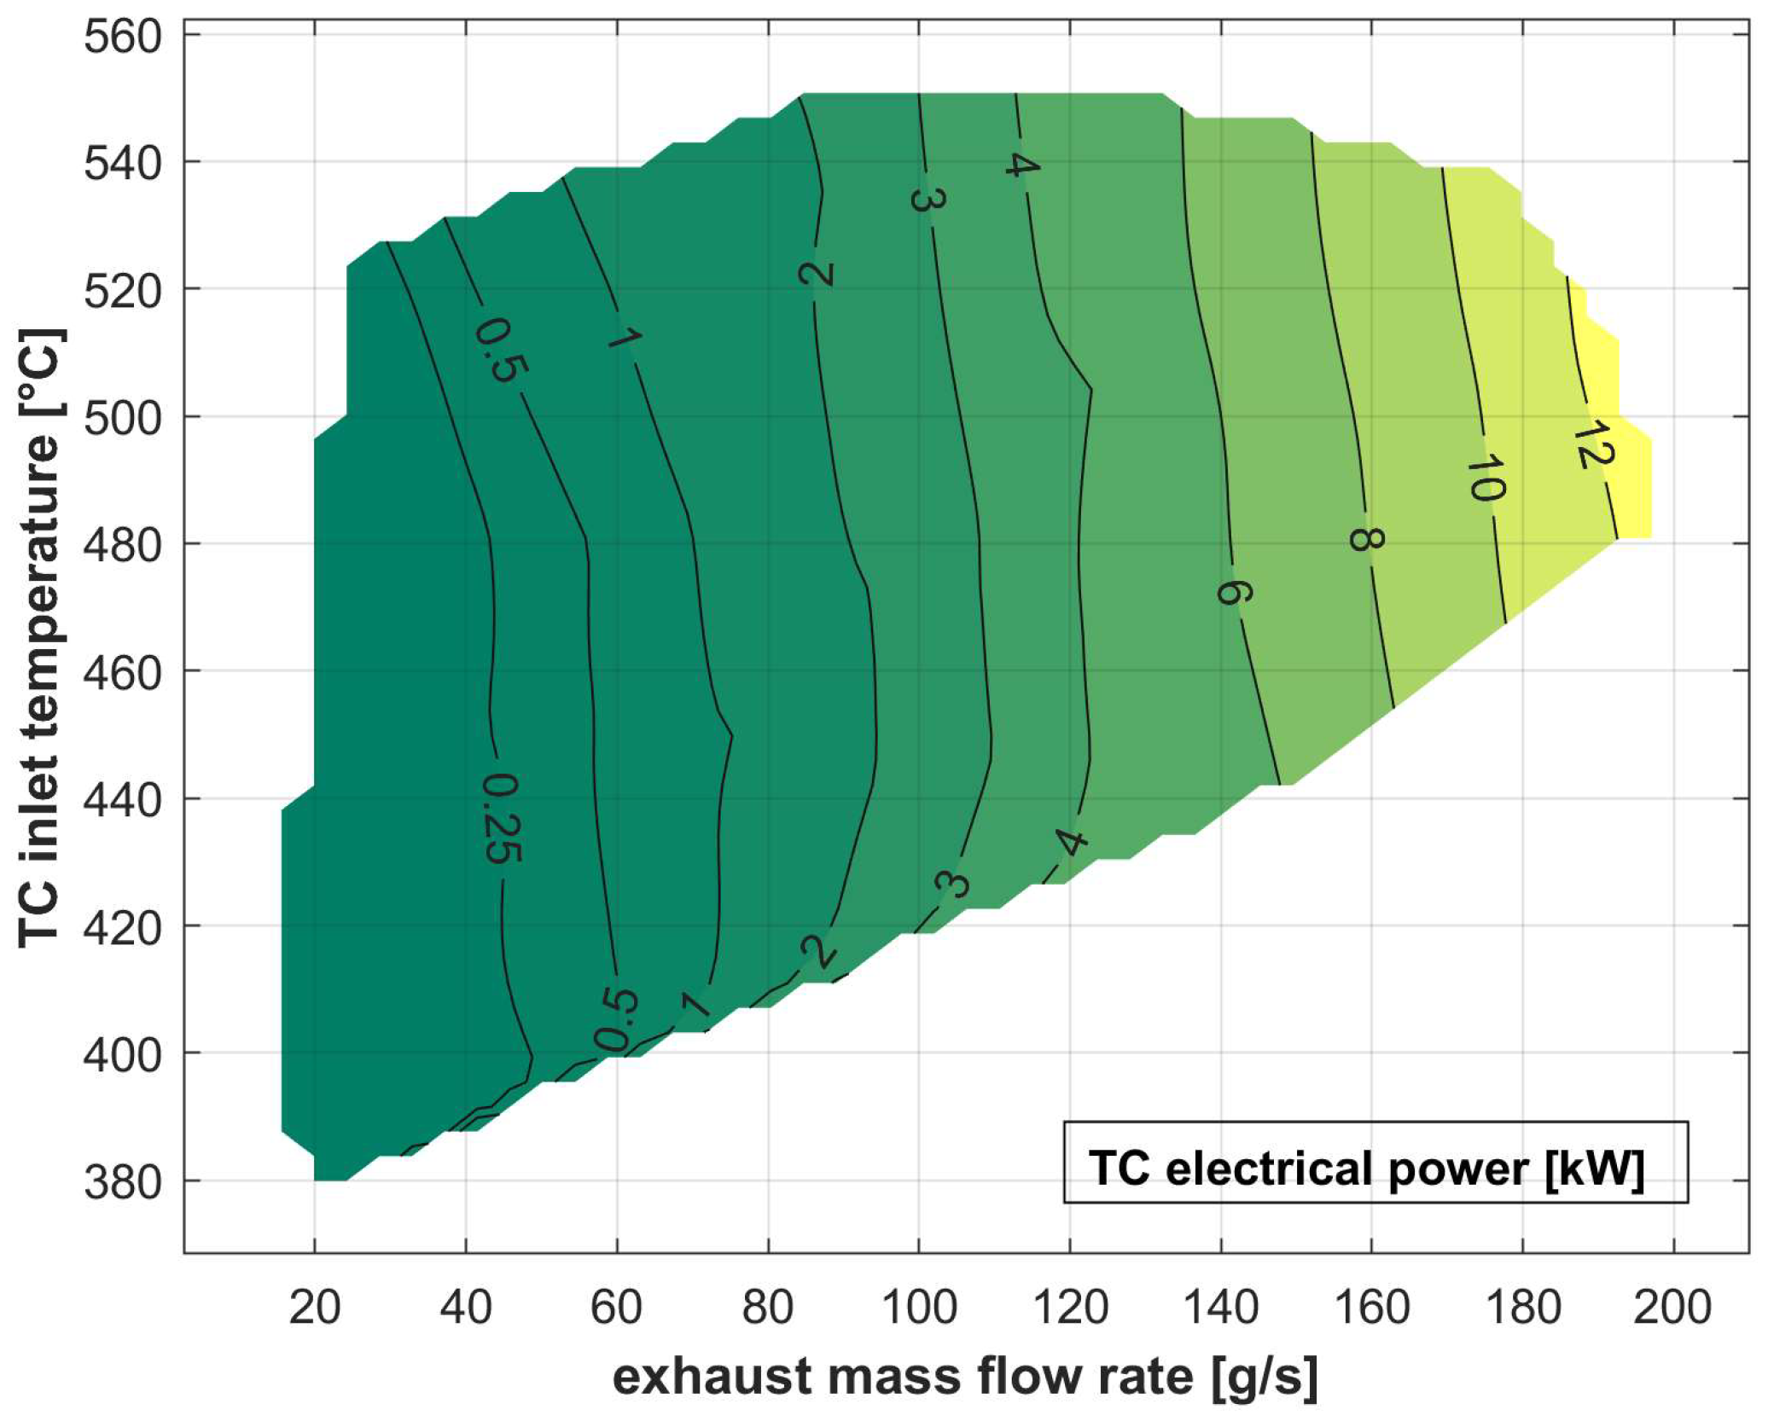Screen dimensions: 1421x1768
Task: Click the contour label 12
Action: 1592,444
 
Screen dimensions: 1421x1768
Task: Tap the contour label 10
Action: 1486,478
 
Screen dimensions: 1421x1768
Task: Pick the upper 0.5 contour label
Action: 501,349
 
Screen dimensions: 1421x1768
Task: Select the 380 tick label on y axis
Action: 122,1183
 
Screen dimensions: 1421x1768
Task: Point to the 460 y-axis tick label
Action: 122,674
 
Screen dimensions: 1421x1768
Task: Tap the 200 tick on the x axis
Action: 1672,1308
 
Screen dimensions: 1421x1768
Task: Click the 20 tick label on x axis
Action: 315,1308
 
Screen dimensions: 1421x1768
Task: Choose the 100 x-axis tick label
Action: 919,1308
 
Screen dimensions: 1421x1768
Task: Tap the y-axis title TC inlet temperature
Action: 40,638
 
